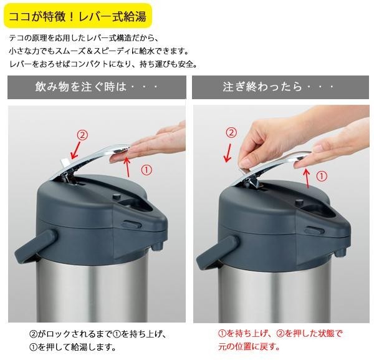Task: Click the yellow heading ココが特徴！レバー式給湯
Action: [78, 16]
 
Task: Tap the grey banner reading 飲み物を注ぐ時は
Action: [97, 87]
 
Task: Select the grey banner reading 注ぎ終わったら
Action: [280, 87]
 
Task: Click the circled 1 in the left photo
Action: [146, 170]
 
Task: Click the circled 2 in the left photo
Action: [82, 135]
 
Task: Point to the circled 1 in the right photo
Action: [322, 177]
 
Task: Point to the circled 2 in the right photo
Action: [231, 132]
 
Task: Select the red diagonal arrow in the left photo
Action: [76, 150]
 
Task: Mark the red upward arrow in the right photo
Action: [307, 178]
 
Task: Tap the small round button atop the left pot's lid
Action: [117, 197]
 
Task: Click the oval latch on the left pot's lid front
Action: [131, 225]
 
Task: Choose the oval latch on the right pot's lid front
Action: [312, 230]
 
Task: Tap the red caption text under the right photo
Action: [280, 340]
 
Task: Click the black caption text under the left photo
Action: [97, 340]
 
